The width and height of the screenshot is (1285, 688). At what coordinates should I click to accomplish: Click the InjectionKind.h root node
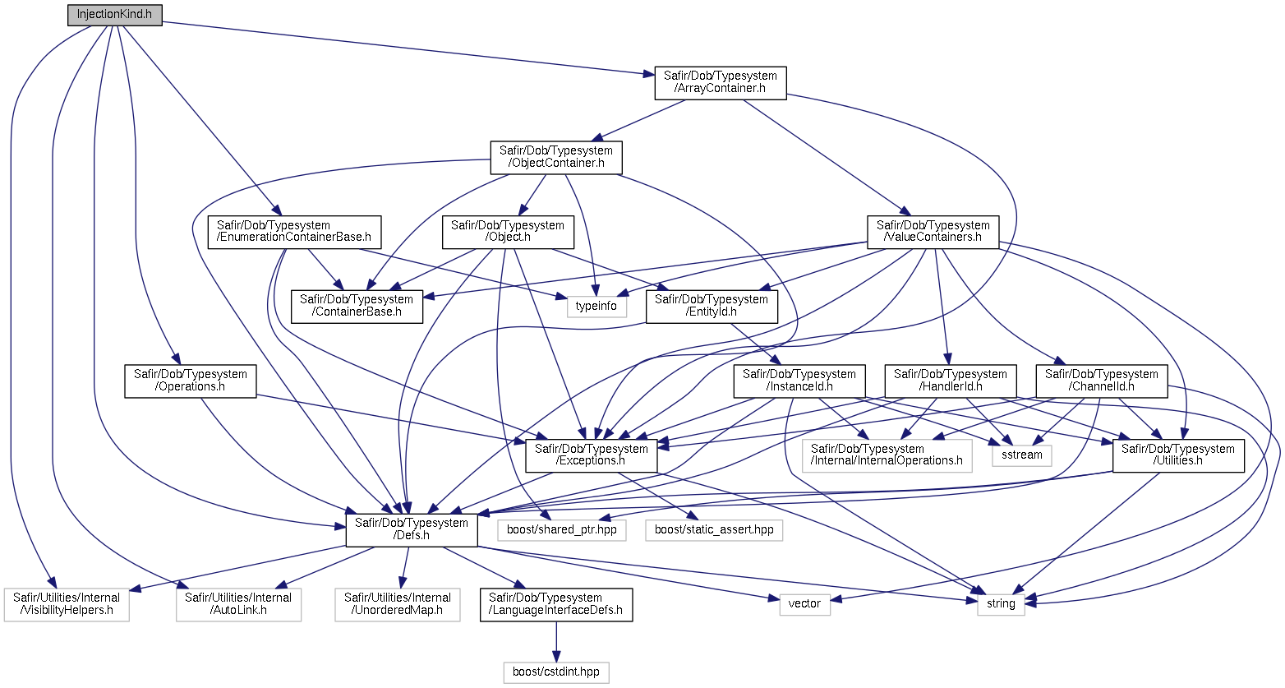pos(115,15)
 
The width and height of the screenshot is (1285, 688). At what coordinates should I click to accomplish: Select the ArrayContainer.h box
pos(721,83)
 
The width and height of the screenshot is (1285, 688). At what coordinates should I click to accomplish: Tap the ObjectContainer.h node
pos(556,158)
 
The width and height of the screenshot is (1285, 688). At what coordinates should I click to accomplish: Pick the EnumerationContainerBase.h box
pos(294,233)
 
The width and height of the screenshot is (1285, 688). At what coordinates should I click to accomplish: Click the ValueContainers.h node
pos(933,233)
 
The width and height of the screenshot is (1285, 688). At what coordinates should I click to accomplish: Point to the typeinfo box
pos(596,307)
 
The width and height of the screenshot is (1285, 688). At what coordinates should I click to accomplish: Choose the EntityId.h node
pos(712,307)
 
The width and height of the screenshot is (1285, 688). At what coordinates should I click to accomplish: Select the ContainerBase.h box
pos(357,307)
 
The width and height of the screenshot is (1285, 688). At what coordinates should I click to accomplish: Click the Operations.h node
pos(191,381)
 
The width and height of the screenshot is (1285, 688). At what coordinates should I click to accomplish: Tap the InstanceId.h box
pos(799,381)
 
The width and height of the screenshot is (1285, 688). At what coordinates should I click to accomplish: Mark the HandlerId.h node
pos(951,381)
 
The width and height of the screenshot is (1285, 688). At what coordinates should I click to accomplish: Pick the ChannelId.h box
pos(1102,381)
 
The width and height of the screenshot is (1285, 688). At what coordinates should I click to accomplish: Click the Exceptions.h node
pos(592,455)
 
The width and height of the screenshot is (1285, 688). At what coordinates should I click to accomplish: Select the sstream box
pos(1022,455)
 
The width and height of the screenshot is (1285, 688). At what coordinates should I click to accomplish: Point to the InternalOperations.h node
pos(887,455)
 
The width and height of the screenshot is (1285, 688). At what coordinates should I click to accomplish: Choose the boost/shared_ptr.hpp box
pos(562,529)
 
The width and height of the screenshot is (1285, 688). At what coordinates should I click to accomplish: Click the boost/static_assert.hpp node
pos(714,529)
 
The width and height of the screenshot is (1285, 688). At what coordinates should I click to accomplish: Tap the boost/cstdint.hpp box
pos(556,672)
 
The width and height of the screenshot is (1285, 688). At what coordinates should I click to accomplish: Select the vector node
pos(805,604)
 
